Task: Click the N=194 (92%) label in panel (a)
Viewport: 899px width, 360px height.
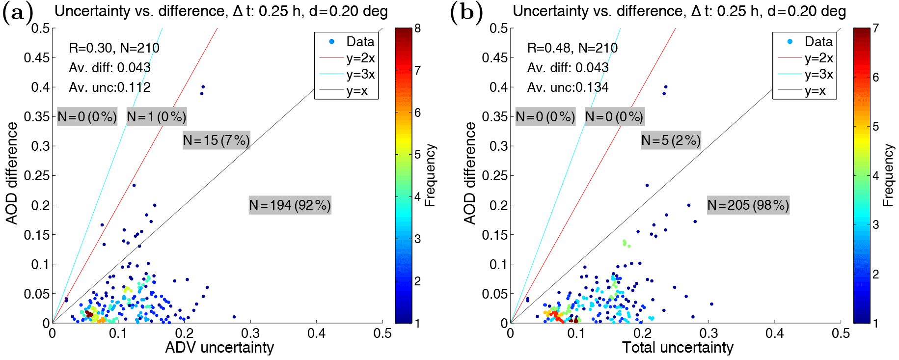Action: tap(290, 205)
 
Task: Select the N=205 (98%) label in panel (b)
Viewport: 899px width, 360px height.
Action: tap(748, 205)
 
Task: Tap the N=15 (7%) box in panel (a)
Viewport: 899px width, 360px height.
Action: tap(216, 140)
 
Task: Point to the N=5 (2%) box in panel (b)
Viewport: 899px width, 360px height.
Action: tap(671, 140)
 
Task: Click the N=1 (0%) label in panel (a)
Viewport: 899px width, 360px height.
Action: tap(156, 117)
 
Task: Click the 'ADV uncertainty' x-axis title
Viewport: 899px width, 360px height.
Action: tap(219, 347)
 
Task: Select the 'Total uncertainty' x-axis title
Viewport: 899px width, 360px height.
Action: tap(678, 347)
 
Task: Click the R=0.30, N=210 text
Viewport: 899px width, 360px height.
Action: tap(114, 48)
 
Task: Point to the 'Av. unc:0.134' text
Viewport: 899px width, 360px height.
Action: tap(568, 87)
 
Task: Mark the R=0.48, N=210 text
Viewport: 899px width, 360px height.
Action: tap(572, 48)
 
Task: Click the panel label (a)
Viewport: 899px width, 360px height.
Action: tap(18, 12)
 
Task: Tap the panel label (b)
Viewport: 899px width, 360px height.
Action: tap(466, 12)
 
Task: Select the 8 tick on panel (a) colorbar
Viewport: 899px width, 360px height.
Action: tap(417, 28)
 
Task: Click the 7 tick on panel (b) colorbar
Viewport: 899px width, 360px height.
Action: tap(875, 28)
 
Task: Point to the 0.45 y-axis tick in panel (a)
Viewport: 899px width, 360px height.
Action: tap(37, 57)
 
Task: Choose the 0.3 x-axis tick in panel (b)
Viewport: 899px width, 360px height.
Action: tap(708, 334)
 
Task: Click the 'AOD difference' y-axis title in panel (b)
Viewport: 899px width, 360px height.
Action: tap(470, 173)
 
